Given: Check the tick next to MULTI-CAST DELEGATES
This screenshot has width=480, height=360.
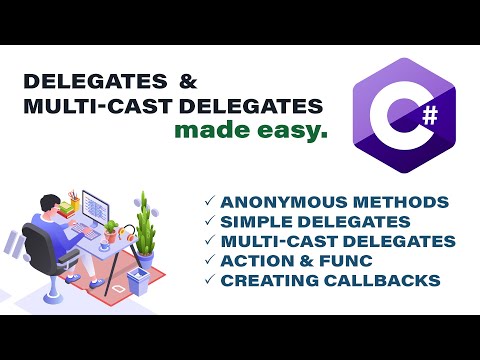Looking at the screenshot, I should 209,241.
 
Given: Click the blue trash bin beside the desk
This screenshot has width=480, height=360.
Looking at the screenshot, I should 137,282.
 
